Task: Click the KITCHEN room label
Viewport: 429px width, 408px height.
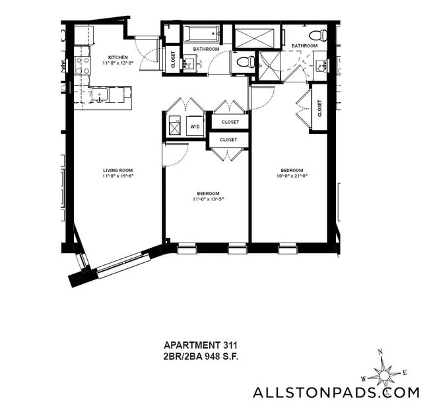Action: click(118, 57)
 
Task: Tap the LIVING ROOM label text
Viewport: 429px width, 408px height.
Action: click(117, 170)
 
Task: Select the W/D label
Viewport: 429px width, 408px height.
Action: click(195, 126)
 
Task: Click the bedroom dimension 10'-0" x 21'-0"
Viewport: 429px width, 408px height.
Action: click(290, 176)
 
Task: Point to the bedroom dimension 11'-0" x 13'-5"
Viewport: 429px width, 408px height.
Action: click(207, 199)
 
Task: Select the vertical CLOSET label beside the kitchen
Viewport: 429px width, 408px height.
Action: click(173, 59)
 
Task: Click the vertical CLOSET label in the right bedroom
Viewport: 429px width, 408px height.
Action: click(319, 107)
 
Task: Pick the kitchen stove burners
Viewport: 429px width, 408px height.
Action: click(82, 65)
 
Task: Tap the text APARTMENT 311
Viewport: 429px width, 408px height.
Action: click(200, 344)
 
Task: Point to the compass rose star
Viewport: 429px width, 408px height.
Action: click(383, 375)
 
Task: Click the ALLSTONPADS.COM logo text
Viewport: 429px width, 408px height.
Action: click(335, 393)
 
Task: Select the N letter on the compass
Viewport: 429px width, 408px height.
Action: click(379, 352)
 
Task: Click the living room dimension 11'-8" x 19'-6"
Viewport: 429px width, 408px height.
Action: click(117, 177)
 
